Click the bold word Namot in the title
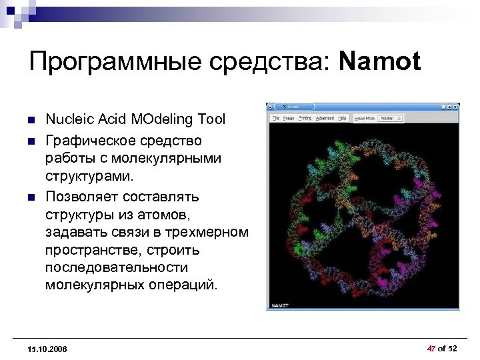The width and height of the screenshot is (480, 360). pos(380,62)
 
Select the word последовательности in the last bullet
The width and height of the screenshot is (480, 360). pos(117,267)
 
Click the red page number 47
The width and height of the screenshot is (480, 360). pos(431,349)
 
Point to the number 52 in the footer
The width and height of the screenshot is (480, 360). pos(453,349)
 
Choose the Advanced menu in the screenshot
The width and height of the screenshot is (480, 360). pos(325,118)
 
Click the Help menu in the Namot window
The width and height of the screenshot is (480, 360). pos(342,118)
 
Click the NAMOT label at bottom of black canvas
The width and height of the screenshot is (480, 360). pos(279,305)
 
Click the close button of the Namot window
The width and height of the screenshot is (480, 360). pos(455,107)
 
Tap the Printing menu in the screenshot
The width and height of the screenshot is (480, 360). pos(305,118)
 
